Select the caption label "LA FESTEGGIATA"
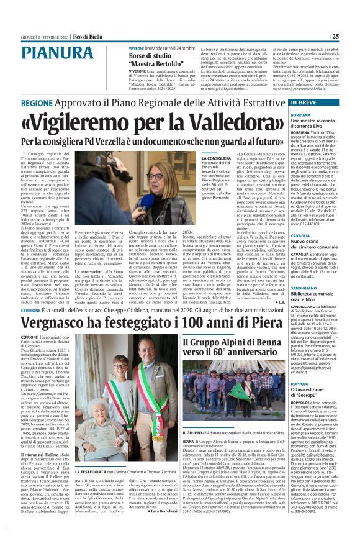click(94, 489)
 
